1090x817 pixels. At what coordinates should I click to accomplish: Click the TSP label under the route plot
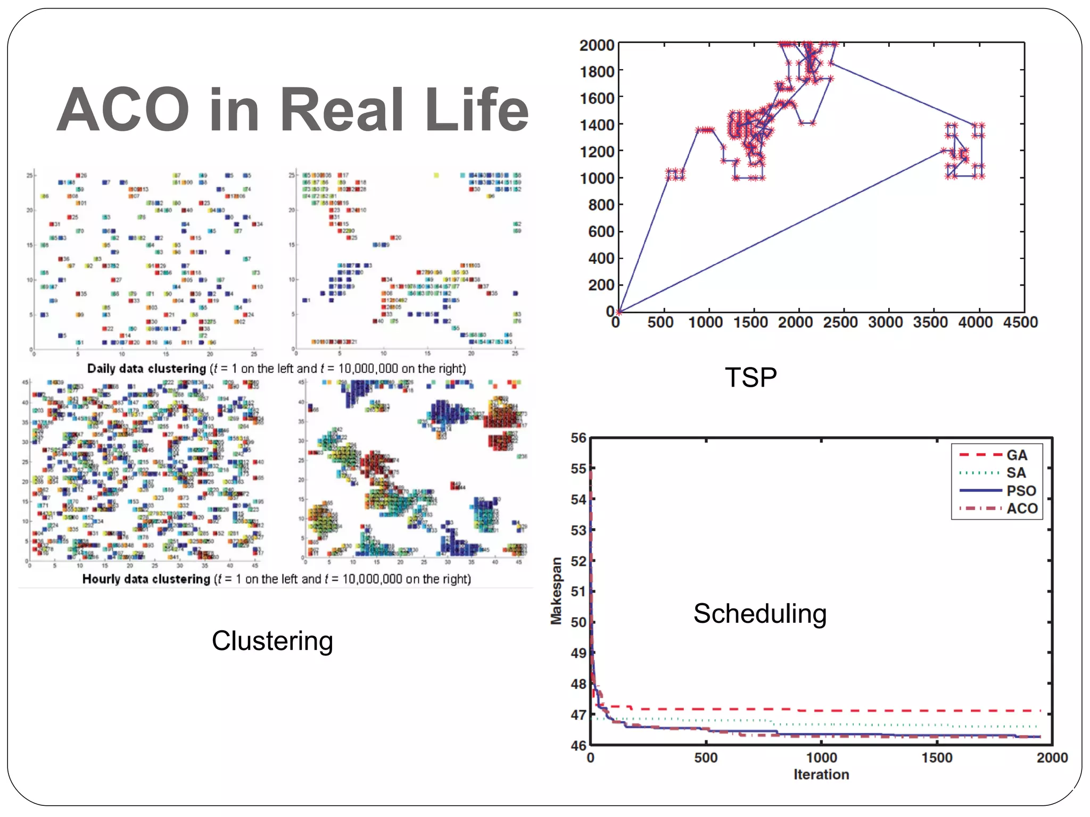[750, 378]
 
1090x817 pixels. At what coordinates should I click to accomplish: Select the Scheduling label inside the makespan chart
[759, 614]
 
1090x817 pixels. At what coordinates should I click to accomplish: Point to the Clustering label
[272, 641]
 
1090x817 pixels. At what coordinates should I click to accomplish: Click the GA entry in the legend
[1016, 455]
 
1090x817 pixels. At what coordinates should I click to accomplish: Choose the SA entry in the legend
[1015, 473]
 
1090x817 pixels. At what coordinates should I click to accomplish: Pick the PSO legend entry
[1021, 491]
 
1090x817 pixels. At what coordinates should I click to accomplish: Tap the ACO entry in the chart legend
[1022, 508]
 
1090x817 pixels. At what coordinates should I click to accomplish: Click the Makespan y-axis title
[556, 590]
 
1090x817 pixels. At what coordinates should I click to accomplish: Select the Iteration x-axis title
[821, 775]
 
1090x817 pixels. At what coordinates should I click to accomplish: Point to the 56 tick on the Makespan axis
[579, 438]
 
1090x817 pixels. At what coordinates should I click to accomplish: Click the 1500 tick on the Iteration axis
[937, 757]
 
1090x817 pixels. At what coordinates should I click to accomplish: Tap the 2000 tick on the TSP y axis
[597, 46]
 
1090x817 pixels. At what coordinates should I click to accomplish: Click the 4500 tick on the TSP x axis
[1020, 322]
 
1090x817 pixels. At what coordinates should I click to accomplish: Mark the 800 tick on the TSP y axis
[601, 205]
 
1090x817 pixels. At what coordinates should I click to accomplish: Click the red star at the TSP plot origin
[619, 312]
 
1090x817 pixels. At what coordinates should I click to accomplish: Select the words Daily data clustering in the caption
[146, 369]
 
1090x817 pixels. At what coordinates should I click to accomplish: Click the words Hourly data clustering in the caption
[146, 579]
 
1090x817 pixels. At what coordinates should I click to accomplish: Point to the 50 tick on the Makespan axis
[579, 622]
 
